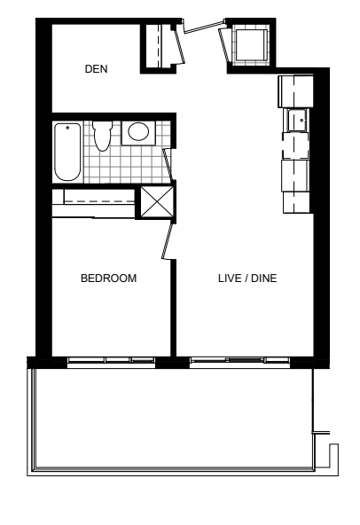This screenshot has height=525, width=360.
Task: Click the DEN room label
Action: point(96,69)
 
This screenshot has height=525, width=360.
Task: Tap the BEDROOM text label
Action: point(108,278)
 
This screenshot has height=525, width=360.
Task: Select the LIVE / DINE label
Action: point(247,278)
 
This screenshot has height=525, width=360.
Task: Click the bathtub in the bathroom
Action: point(67,152)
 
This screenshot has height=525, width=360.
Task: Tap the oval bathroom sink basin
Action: point(138,131)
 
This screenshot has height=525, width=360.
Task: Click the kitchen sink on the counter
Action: point(296,120)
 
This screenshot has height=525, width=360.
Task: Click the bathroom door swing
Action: point(167,166)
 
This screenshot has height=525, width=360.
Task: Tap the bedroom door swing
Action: point(168,240)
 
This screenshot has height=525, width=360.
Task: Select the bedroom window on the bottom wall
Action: point(111,360)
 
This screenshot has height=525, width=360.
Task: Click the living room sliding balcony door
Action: point(239,360)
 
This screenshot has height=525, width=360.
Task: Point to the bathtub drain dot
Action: point(67,128)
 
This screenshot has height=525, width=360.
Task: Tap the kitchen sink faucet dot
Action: point(301,120)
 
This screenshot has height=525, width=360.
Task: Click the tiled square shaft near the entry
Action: point(251,45)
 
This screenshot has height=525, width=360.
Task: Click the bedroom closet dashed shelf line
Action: point(99,201)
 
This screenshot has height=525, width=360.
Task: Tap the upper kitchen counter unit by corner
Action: point(295,91)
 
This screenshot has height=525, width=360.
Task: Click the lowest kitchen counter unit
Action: point(296,202)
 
